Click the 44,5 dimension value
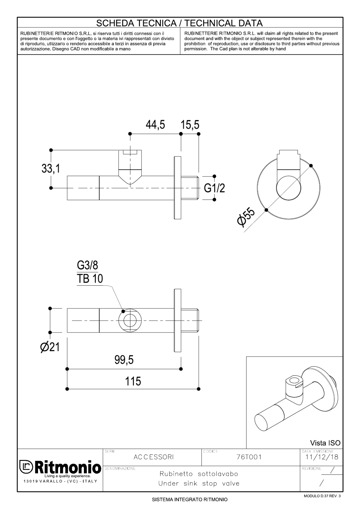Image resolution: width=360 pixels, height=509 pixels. pyautogui.click(x=155, y=125)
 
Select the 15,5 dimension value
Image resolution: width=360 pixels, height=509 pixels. pyautogui.click(x=190, y=125)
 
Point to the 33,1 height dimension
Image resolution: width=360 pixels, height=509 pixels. pyautogui.click(x=51, y=169)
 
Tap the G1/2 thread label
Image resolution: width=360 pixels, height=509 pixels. pyautogui.click(x=214, y=188)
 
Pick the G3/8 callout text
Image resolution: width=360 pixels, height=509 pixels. pyautogui.click(x=88, y=265)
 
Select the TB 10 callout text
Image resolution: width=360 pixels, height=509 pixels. pyautogui.click(x=90, y=279)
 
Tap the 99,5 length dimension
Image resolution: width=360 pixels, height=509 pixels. pyautogui.click(x=124, y=360)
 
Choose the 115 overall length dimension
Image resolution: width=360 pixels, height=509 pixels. pyautogui.click(x=133, y=381)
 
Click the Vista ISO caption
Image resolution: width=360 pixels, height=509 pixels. pyautogui.click(x=325, y=443)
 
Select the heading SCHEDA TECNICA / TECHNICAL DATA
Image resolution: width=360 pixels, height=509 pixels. pyautogui.click(x=179, y=23)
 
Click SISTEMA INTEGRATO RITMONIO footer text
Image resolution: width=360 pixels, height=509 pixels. pyautogui.click(x=190, y=500)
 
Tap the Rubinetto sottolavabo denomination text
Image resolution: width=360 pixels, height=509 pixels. pyautogui.click(x=199, y=474)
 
